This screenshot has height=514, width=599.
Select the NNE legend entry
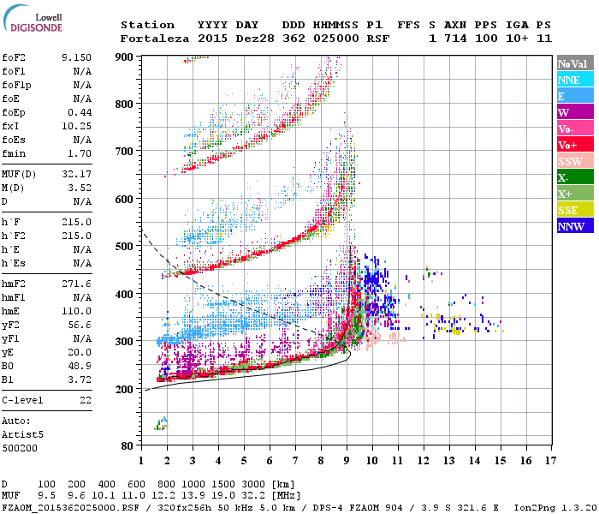(574, 80)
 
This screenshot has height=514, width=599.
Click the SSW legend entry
(574, 161)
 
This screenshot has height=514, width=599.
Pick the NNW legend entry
(574, 226)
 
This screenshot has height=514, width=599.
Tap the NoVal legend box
(574, 63)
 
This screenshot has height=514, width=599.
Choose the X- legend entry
(574, 177)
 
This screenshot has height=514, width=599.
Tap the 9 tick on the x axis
(346, 460)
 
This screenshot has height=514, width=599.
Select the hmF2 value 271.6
(76, 283)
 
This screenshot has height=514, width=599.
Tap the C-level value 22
(85, 400)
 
